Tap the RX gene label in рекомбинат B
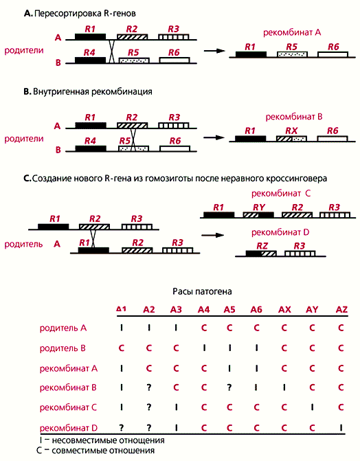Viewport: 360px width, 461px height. pyautogui.click(x=291, y=131)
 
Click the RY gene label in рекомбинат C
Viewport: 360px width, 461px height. pyautogui.click(x=259, y=207)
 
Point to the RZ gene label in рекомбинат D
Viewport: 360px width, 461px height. pyautogui.click(x=262, y=245)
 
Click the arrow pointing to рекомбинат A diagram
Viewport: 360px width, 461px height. pyautogui.click(x=214, y=51)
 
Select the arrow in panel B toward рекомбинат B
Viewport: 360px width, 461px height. pyautogui.click(x=214, y=137)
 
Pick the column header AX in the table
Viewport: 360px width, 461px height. pyautogui.click(x=284, y=310)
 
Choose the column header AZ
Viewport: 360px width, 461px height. pyautogui.click(x=341, y=310)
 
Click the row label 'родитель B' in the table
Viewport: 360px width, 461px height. pyautogui.click(x=63, y=348)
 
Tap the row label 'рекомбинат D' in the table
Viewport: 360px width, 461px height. pyautogui.click(x=69, y=428)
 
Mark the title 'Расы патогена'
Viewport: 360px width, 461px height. pyautogui.click(x=202, y=291)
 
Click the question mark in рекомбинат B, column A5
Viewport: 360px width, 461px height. pyautogui.click(x=229, y=387)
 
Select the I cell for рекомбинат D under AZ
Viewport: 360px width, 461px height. pyautogui.click(x=341, y=428)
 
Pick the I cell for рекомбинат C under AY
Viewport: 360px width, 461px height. pyautogui.click(x=312, y=407)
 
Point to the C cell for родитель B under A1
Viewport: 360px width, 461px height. pyautogui.click(x=121, y=348)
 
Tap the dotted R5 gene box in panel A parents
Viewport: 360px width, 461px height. pyautogui.click(x=134, y=60)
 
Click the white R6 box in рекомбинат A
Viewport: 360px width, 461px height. pyautogui.click(x=333, y=54)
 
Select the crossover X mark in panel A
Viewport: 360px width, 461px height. pyautogui.click(x=111, y=51)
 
